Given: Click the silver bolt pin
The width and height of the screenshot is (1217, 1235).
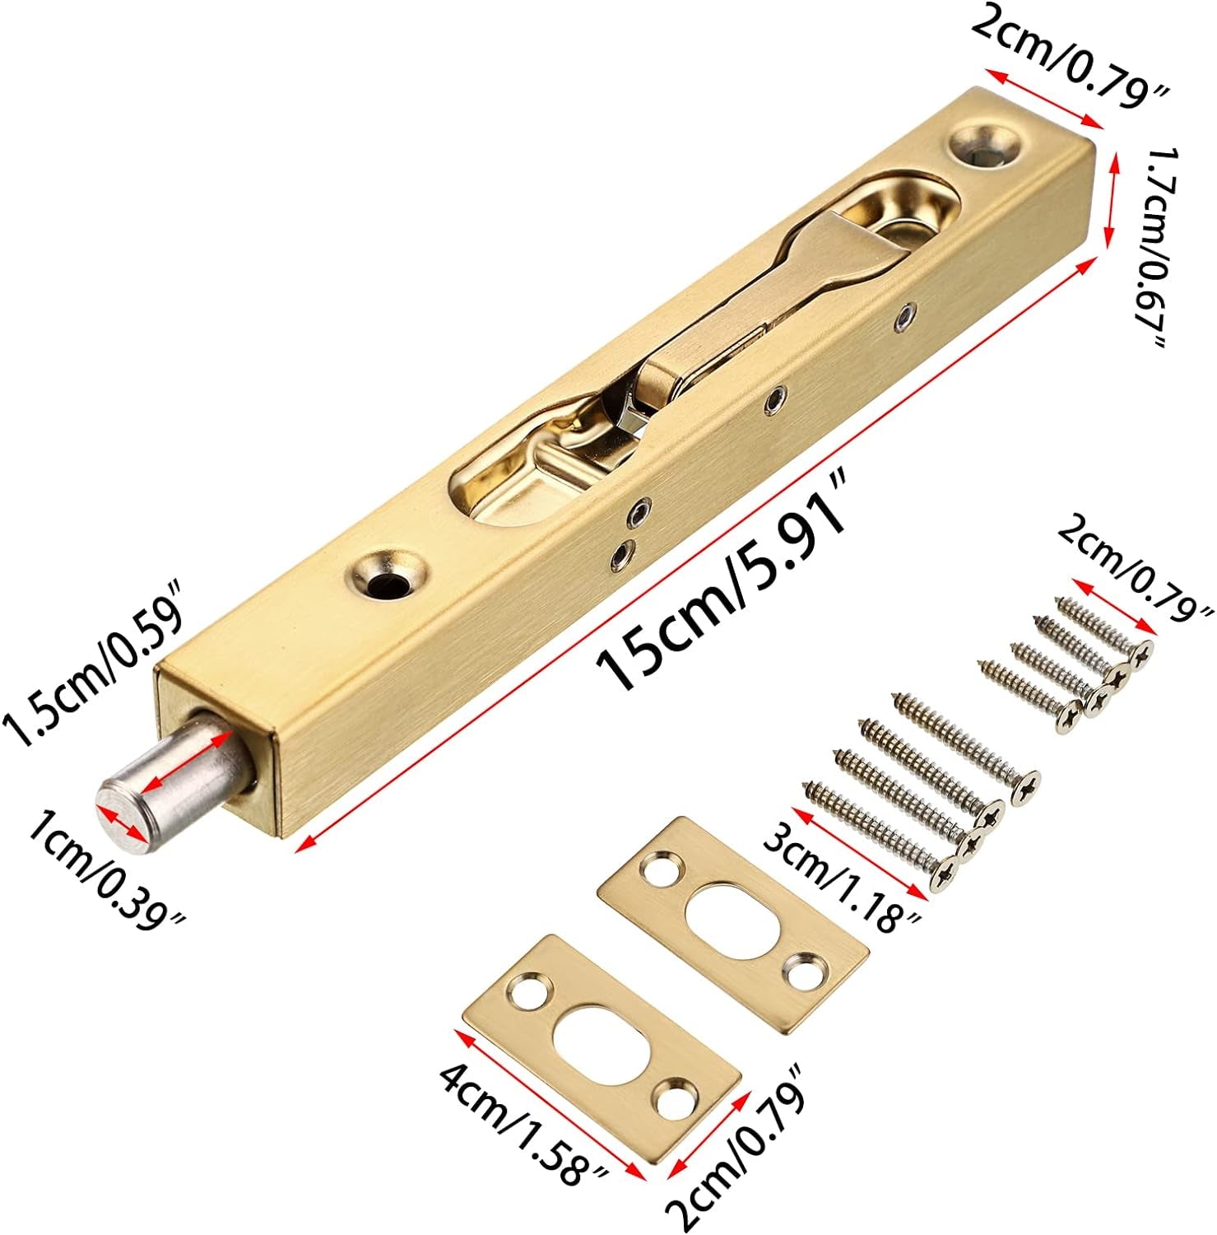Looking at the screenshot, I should [177, 779].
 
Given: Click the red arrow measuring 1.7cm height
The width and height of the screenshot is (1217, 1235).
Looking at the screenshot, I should [1112, 198].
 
